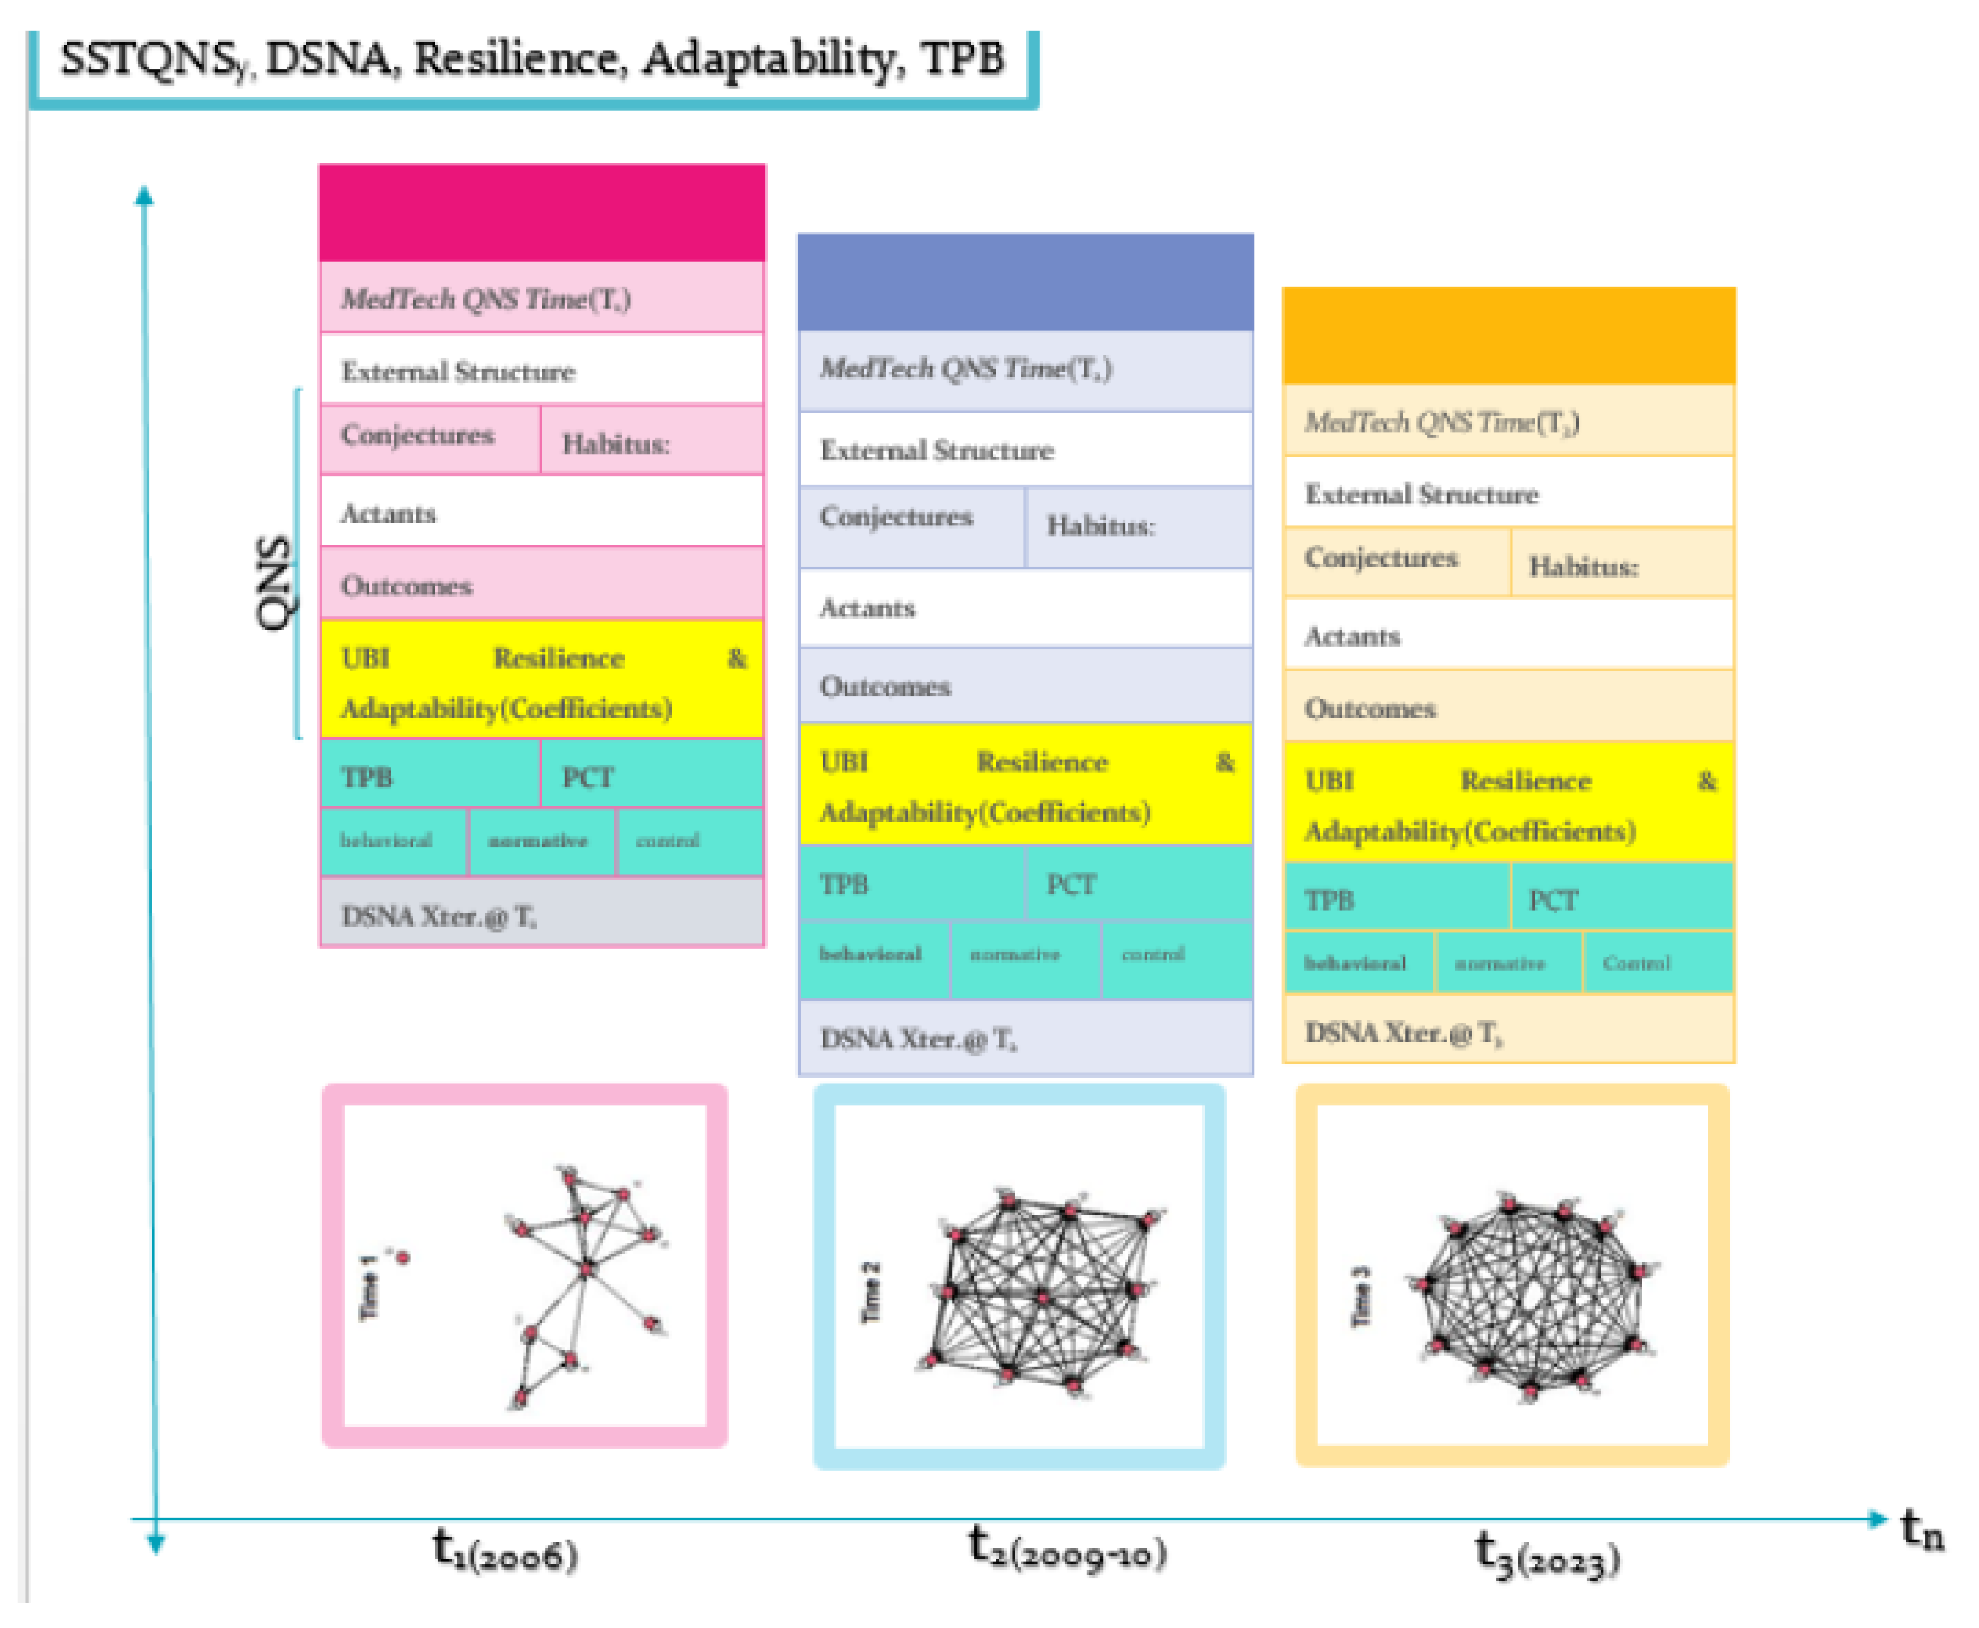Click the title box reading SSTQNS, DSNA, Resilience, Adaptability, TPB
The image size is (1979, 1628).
[532, 61]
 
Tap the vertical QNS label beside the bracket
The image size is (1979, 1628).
[274, 581]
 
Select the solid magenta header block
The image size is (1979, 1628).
[541, 213]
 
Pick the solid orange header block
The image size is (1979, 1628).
[1507, 336]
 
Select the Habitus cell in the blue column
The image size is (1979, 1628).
[1137, 526]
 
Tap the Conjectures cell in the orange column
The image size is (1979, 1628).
[1396, 560]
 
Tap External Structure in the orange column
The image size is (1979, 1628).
[1507, 494]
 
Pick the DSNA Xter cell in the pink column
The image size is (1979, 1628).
[541, 915]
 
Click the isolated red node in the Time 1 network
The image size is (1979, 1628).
[404, 1256]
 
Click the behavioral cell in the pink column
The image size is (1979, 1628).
[393, 840]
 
